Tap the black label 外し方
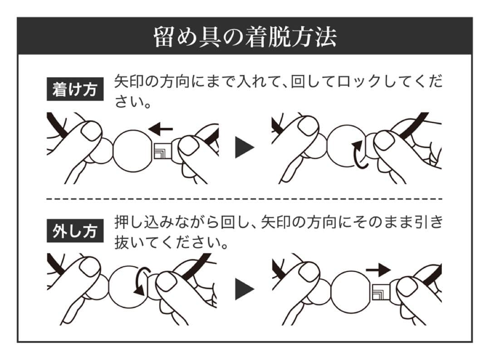point(74,232)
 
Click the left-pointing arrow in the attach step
point(161,130)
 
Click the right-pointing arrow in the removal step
point(377,271)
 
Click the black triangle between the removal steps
point(245,290)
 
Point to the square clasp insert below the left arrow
point(162,151)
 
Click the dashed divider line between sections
point(245,199)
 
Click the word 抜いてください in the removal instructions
point(170,243)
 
